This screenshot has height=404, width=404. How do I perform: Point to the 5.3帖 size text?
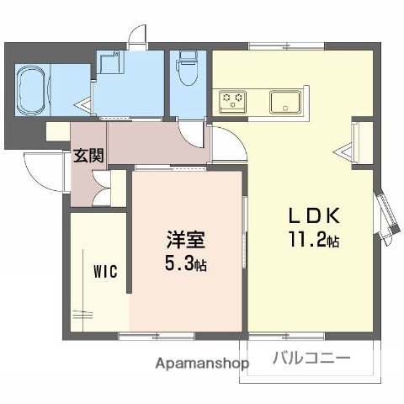tap(185, 264)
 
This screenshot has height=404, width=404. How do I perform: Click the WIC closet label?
tap(105, 272)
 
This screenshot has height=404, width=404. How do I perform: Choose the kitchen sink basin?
tap(287, 102)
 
